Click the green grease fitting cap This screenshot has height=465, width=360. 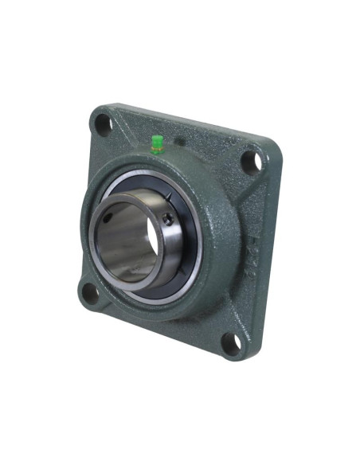pos(157,143)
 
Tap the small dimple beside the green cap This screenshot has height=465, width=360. pos(178,143)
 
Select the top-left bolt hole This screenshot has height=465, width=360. pos(103,123)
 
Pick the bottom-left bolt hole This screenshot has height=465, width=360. pos(90,291)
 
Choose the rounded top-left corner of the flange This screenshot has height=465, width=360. pos(96,111)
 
